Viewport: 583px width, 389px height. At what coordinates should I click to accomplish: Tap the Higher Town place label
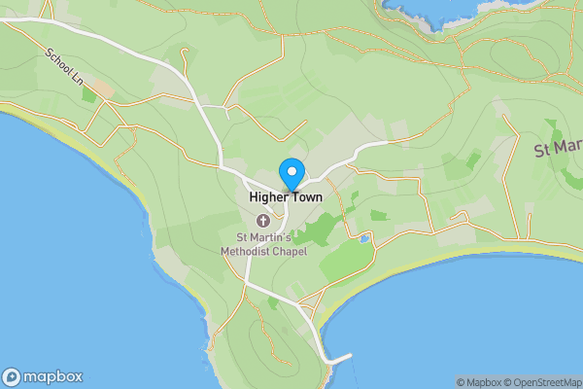286,196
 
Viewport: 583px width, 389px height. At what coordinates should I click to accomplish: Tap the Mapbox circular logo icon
13,377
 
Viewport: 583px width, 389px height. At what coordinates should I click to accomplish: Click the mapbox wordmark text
53,377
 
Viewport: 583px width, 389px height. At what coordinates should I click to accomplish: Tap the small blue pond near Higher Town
363,237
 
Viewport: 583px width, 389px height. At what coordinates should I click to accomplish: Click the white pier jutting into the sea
339,359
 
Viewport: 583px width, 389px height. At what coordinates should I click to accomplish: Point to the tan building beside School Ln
103,88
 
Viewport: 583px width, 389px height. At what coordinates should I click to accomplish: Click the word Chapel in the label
288,251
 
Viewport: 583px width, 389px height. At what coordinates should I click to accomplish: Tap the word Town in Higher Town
306,196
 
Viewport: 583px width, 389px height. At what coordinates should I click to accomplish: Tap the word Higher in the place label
268,196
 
